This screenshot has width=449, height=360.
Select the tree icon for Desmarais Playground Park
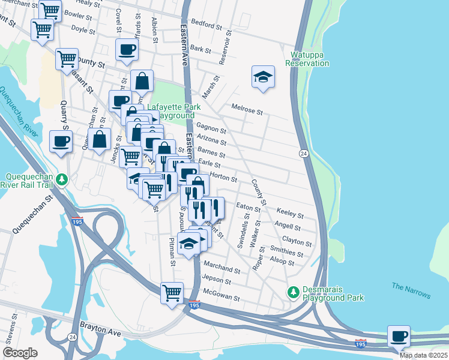pos(293,292)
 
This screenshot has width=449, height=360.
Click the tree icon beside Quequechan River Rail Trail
pos(61,179)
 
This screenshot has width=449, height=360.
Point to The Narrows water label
pos(411,290)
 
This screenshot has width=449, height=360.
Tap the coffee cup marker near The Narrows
pos(399,336)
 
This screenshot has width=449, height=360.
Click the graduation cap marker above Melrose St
pos(263,77)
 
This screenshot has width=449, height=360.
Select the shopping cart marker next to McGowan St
pos(172,293)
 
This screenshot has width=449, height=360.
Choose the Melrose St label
pos(247,111)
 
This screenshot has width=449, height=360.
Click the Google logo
pos(20,353)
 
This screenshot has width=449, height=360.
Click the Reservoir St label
pos(224,51)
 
